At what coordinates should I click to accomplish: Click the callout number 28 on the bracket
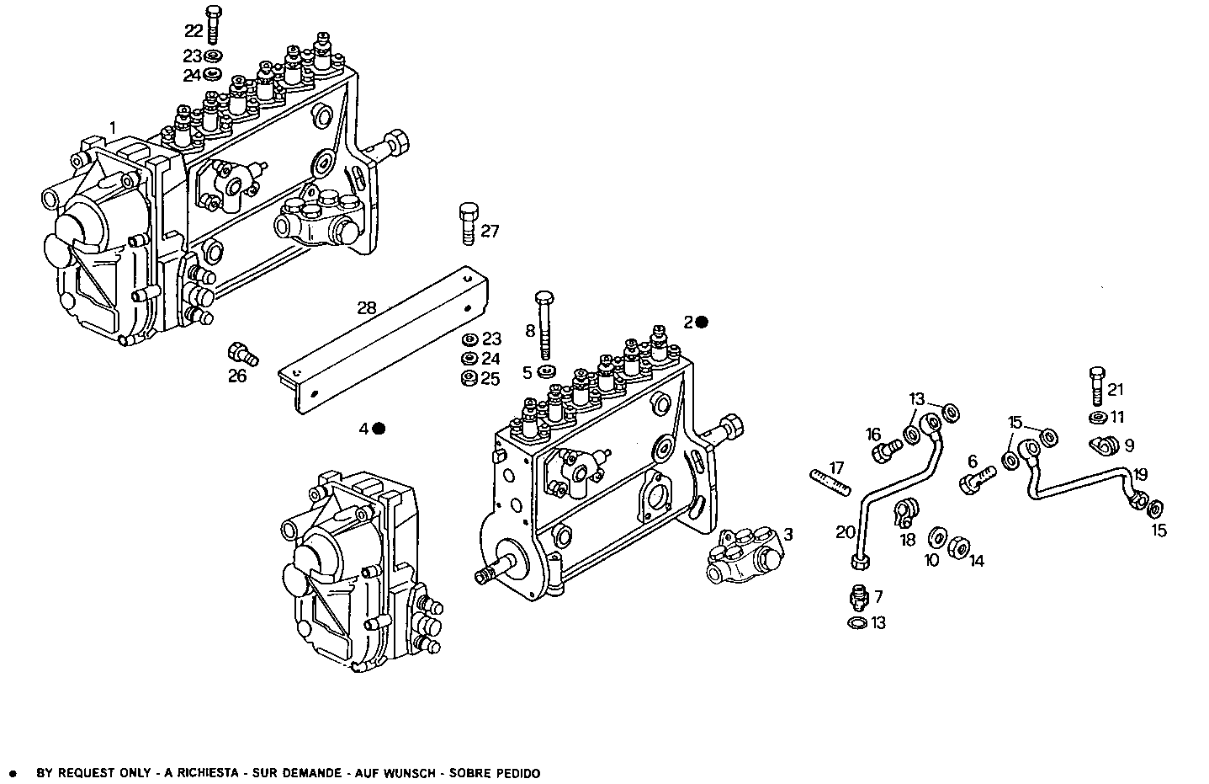click(x=366, y=307)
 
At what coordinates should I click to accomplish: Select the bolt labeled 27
click(x=469, y=223)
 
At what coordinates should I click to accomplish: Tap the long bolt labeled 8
click(x=544, y=325)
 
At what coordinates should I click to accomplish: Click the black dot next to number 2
click(x=702, y=322)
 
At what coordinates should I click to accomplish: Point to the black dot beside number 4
click(x=379, y=429)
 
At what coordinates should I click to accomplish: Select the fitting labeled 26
click(x=240, y=351)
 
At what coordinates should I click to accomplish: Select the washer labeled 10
click(x=936, y=537)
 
